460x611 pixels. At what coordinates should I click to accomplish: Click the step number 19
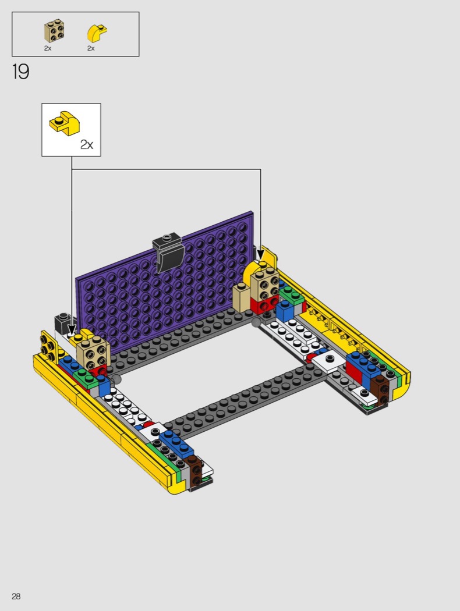20,72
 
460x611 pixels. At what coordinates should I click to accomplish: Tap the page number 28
16,596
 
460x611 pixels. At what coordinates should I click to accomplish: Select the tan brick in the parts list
54,31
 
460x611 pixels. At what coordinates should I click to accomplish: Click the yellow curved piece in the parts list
97,33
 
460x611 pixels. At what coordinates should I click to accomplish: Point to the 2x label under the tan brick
48,48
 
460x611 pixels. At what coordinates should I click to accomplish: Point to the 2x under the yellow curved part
91,48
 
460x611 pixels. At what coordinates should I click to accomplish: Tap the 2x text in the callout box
87,144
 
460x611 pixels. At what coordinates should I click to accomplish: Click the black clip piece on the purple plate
168,253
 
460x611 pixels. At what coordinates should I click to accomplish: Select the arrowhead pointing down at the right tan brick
260,255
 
